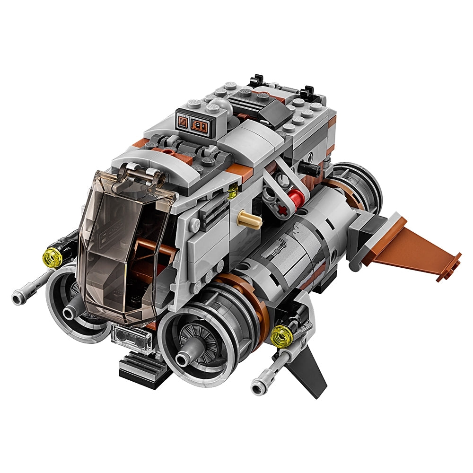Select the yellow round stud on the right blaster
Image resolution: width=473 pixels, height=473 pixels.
click(280, 336)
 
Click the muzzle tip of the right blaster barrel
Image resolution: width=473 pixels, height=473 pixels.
click(257, 389)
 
